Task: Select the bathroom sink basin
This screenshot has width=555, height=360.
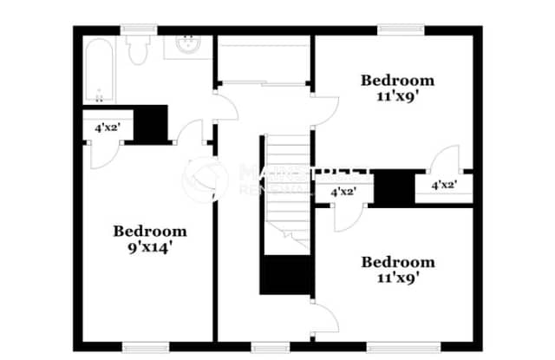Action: point(186,44)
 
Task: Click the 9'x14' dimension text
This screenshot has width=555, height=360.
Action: point(149,245)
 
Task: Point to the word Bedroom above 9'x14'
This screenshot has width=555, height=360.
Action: point(150,231)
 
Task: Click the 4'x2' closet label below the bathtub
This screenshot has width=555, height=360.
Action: point(107,128)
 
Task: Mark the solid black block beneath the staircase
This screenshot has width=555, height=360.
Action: point(285,278)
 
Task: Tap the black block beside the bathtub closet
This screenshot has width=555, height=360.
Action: point(151,123)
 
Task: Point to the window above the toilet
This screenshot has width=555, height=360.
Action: point(136,29)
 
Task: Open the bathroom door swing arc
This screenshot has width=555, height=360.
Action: point(225,108)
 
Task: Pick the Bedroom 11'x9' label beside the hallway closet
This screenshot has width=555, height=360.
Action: point(397,88)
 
